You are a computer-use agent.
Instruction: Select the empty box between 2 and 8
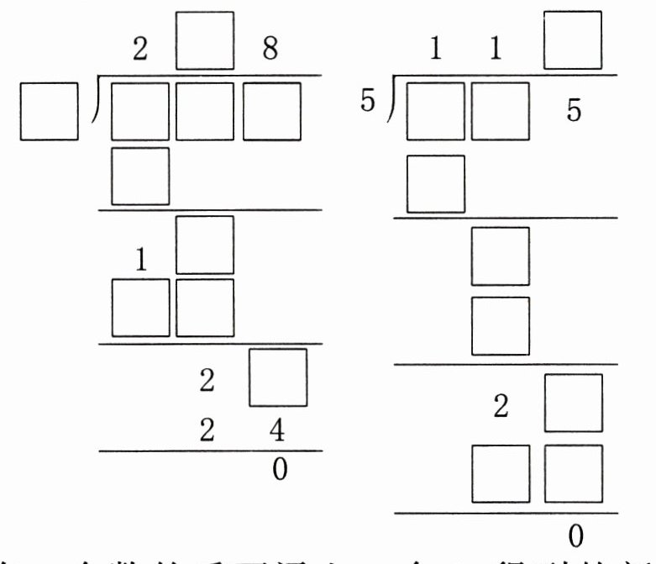(x=206, y=40)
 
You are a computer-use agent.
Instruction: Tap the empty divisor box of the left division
(x=49, y=111)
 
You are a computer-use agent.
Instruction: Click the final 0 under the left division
(x=280, y=469)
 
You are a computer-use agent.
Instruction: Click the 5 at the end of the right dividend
(x=574, y=112)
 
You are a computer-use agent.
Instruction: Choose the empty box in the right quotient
(x=574, y=40)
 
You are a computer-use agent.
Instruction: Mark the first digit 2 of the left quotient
(x=140, y=50)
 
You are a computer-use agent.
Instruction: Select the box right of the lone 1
(x=205, y=245)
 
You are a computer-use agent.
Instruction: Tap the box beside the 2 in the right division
(x=574, y=403)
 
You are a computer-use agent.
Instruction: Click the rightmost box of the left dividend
(x=271, y=111)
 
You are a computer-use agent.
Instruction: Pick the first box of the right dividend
(x=435, y=111)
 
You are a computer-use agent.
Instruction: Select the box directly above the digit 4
(x=279, y=377)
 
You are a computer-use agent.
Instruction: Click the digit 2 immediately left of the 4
(x=206, y=432)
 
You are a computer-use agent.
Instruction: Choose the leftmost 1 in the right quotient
(x=435, y=50)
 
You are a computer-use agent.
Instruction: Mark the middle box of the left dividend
(x=206, y=111)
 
